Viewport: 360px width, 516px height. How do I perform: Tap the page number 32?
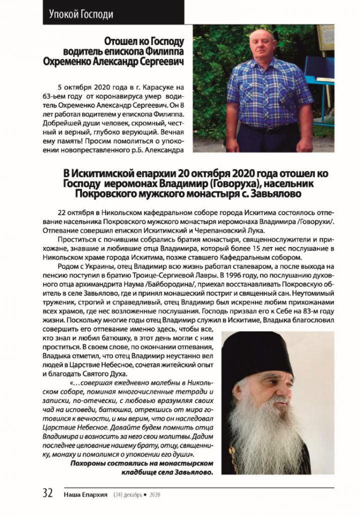click(x=48, y=493)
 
